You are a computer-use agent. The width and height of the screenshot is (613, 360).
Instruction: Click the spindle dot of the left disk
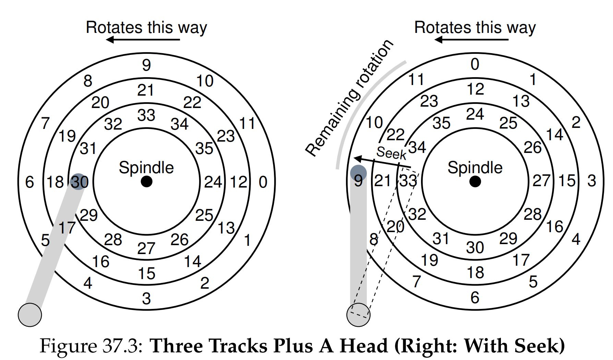tap(146, 181)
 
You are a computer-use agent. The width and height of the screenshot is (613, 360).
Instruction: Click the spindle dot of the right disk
tap(475, 181)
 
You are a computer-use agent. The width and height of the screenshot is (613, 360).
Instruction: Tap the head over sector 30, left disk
tap(79, 181)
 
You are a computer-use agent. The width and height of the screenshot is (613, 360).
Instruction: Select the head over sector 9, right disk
tap(358, 173)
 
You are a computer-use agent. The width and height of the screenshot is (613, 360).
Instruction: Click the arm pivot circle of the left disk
tap(30, 315)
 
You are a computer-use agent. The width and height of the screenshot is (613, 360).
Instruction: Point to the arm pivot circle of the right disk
tap(359, 315)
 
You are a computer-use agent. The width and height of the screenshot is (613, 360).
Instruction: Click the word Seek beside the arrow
tap(391, 153)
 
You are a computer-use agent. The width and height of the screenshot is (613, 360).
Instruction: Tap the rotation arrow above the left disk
tap(143, 40)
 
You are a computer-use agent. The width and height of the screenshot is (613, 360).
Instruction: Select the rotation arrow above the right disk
tap(471, 40)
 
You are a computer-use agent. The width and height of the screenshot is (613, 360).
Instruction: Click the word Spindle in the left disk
tap(146, 168)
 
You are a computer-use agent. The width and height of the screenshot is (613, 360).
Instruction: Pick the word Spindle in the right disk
tap(475, 168)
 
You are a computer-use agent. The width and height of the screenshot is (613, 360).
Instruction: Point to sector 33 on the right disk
tap(408, 181)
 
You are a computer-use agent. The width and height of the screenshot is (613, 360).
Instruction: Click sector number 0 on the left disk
tap(263, 182)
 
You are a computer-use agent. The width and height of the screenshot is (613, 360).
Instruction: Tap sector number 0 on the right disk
tap(475, 64)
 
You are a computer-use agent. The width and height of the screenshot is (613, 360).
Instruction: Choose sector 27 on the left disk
tap(146, 248)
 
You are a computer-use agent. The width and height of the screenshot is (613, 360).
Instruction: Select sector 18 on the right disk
tap(475, 273)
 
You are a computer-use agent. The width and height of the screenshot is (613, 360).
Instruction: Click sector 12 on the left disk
tap(238, 182)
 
